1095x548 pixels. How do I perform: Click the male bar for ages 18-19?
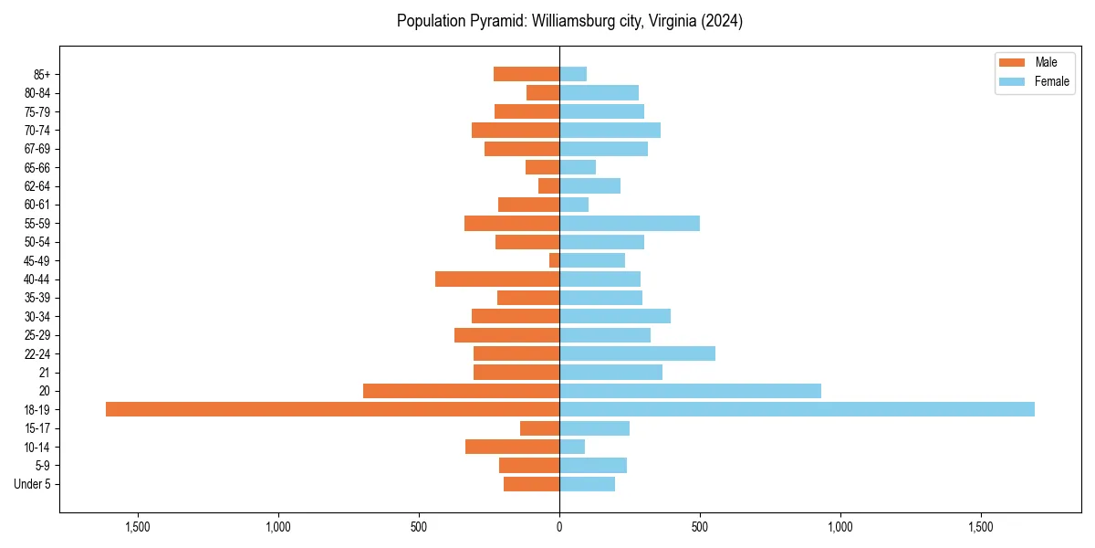[x=332, y=409]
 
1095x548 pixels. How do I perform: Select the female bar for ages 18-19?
[x=797, y=409]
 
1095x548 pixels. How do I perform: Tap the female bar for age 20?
[x=690, y=391]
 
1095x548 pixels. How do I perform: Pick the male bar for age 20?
[x=461, y=391]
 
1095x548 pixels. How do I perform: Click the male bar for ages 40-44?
[x=497, y=279]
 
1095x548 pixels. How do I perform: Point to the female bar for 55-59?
[x=630, y=223]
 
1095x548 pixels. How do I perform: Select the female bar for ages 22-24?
[x=637, y=353]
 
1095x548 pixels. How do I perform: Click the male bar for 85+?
[x=527, y=74]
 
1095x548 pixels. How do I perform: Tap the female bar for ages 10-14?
[x=572, y=447]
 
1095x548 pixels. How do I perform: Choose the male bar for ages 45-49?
[x=554, y=260]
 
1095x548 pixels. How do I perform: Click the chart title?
[x=569, y=21]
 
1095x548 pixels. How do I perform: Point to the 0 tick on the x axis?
[x=559, y=527]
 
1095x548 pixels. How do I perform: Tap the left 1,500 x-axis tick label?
[x=138, y=527]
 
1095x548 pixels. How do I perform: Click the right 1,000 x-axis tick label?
[x=839, y=527]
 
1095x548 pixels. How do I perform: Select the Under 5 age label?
[x=32, y=484]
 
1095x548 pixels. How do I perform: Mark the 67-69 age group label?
[x=37, y=149]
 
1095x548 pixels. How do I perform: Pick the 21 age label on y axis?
[x=44, y=373]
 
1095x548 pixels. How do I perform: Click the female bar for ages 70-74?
[x=610, y=130]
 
